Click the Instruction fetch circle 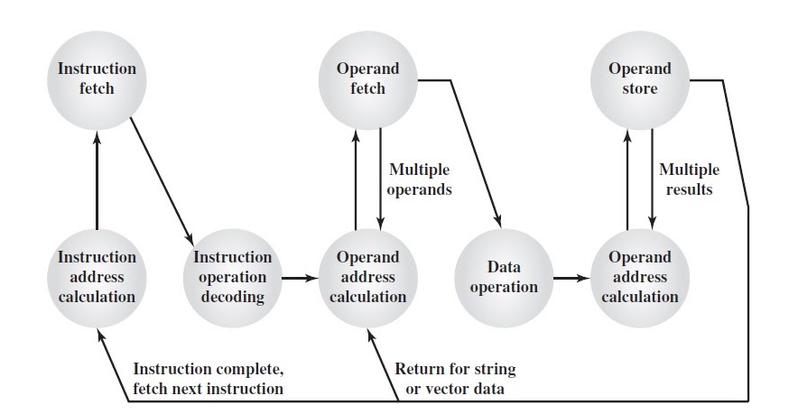[x=97, y=79]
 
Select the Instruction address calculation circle [x=97, y=277]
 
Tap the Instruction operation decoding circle [x=232, y=277]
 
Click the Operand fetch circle [x=367, y=79]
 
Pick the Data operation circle [x=504, y=277]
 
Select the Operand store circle [x=639, y=79]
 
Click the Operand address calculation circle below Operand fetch [x=367, y=277]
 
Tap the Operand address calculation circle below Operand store [x=639, y=277]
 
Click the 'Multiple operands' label [x=419, y=179]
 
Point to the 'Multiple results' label [x=690, y=179]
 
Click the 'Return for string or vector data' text [x=455, y=379]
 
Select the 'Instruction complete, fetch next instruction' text [x=208, y=379]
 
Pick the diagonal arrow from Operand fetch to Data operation [x=474, y=153]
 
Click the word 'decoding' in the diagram [x=232, y=296]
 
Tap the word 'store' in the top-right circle [x=639, y=88]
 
